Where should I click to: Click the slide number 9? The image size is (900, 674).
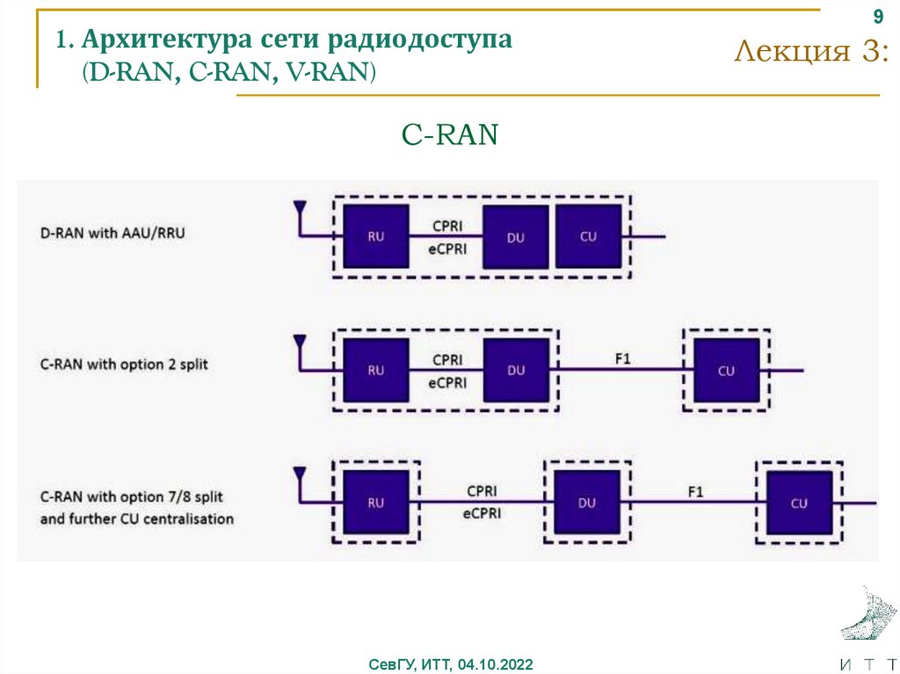click(876, 18)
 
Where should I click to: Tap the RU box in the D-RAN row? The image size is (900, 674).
click(375, 236)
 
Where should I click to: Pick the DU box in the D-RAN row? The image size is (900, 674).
click(516, 237)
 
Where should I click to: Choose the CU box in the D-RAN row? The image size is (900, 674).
click(588, 236)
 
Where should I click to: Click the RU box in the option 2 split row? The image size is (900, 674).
click(375, 370)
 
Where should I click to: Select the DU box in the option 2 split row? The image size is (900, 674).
click(516, 370)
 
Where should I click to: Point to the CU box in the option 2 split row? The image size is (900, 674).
click(726, 370)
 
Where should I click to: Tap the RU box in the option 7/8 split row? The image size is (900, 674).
click(375, 503)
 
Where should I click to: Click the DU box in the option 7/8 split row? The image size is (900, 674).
click(586, 503)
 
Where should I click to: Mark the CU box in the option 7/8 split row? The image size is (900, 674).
click(799, 503)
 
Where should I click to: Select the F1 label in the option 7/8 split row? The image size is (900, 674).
click(694, 492)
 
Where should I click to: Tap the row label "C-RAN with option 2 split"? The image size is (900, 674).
click(124, 364)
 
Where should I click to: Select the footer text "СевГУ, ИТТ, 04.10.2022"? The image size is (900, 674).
click(450, 663)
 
